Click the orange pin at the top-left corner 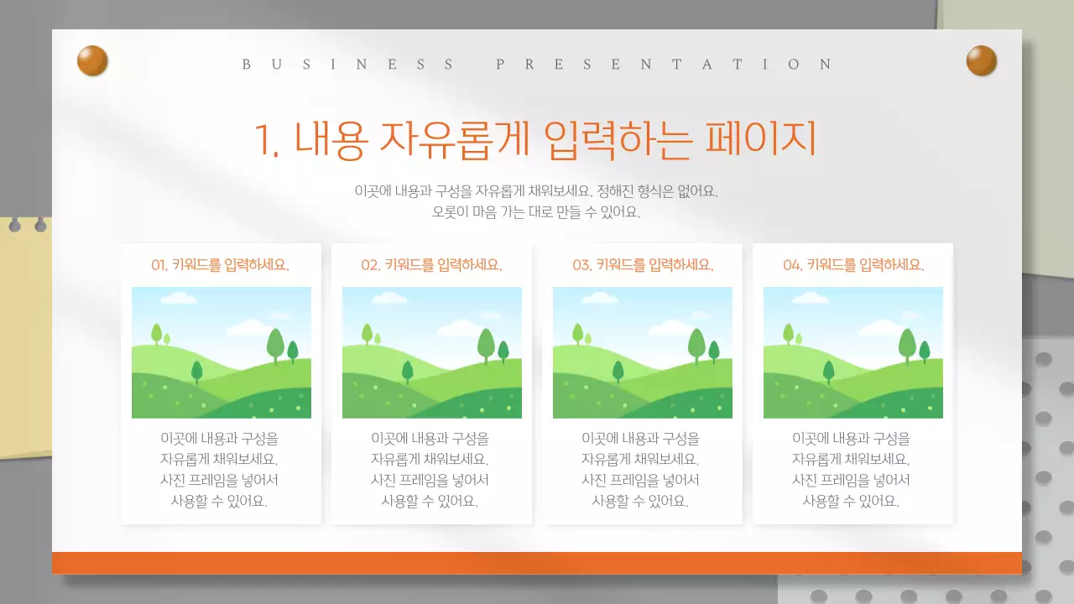92,61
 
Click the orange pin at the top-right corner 981,61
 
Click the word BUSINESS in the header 347,64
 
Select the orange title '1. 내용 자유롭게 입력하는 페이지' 535,139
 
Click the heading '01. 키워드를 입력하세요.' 220,265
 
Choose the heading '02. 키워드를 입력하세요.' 431,265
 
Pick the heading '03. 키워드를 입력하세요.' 643,265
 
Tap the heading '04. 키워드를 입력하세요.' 853,265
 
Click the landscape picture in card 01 222,352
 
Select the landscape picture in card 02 432,352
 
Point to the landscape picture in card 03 643,352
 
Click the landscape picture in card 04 853,352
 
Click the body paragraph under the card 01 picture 220,470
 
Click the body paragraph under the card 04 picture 852,470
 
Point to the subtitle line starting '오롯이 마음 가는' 536,212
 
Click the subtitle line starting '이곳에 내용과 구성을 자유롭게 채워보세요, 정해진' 536,191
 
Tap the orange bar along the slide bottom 537,563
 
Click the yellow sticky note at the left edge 25,336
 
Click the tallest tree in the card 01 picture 275,344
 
